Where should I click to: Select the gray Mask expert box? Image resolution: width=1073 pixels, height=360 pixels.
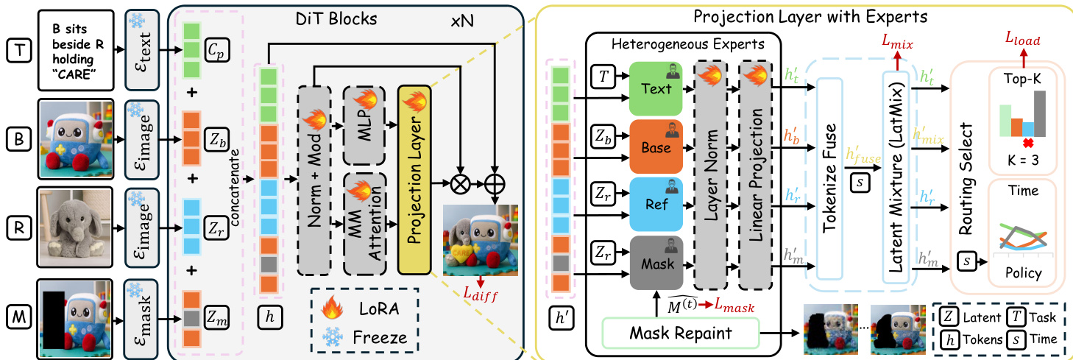click(656, 261)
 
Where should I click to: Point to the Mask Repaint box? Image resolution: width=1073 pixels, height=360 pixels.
click(680, 333)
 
